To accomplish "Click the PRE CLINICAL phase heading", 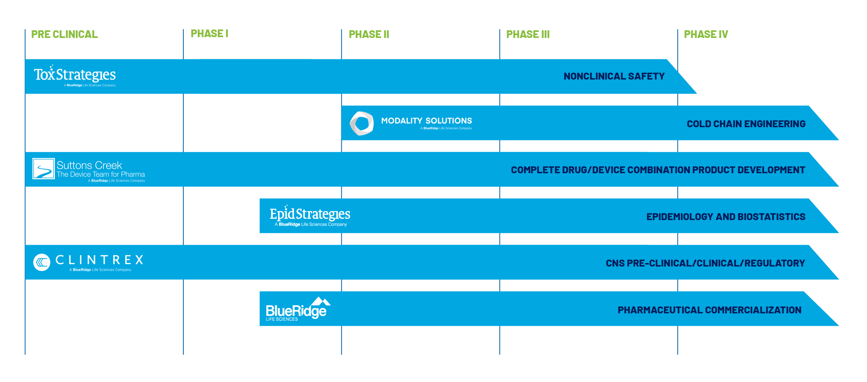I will [x=64, y=34].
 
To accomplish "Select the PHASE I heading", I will [x=209, y=34].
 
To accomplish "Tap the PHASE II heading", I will [x=369, y=34].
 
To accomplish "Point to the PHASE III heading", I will [x=528, y=34].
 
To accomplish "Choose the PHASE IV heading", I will [x=705, y=34].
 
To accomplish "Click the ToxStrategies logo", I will [x=75, y=76].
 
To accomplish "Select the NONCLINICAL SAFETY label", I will [x=614, y=76].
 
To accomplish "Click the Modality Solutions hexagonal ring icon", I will [x=361, y=123].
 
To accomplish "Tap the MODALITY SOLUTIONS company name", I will [x=426, y=121].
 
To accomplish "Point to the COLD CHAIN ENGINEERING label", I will [x=746, y=124].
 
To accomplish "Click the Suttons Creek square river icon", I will [x=44, y=168].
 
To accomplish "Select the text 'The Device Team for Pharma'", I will [x=101, y=174].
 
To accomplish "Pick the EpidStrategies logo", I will [x=310, y=215].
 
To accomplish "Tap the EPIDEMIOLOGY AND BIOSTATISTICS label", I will [x=726, y=217].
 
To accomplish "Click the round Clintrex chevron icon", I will [x=42, y=262].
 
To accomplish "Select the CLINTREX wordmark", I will [x=99, y=260].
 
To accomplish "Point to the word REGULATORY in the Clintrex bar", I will [x=775, y=263].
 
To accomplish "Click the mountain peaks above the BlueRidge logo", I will [x=321, y=301].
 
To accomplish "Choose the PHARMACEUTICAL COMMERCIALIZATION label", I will [x=709, y=310].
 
